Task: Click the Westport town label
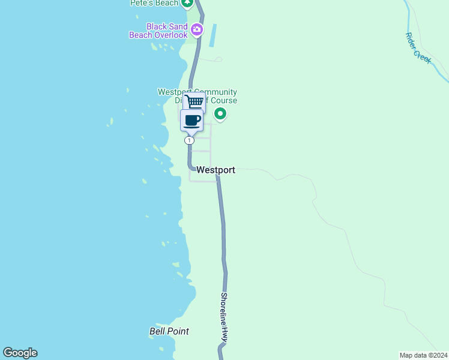pyautogui.click(x=215, y=170)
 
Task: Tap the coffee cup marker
pyautogui.click(x=192, y=119)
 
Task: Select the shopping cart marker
pyautogui.click(x=194, y=101)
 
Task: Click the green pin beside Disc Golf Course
pyautogui.click(x=220, y=113)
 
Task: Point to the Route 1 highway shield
pyautogui.click(x=189, y=140)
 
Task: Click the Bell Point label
pyautogui.click(x=169, y=331)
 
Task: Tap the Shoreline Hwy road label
pyautogui.click(x=224, y=317)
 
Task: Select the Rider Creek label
pyautogui.click(x=418, y=48)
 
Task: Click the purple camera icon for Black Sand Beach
pyautogui.click(x=196, y=29)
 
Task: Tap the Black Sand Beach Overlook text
pyautogui.click(x=158, y=31)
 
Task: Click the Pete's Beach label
pyautogui.click(x=154, y=3)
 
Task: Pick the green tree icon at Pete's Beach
pyautogui.click(x=188, y=3)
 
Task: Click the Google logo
pyautogui.click(x=20, y=353)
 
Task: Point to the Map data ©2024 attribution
pyautogui.click(x=423, y=355)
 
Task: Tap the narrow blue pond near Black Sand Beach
pyautogui.click(x=212, y=36)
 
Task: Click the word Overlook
pyautogui.click(x=171, y=35)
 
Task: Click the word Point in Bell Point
pyautogui.click(x=178, y=331)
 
